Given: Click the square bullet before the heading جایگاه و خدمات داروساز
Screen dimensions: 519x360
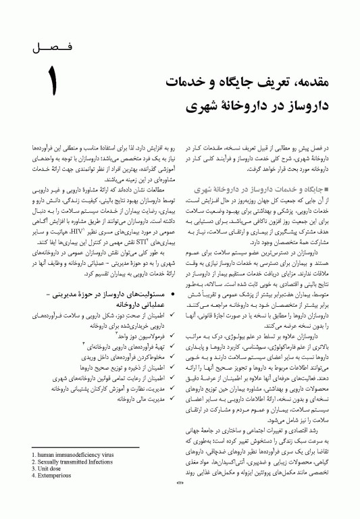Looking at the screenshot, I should [x=327, y=188].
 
